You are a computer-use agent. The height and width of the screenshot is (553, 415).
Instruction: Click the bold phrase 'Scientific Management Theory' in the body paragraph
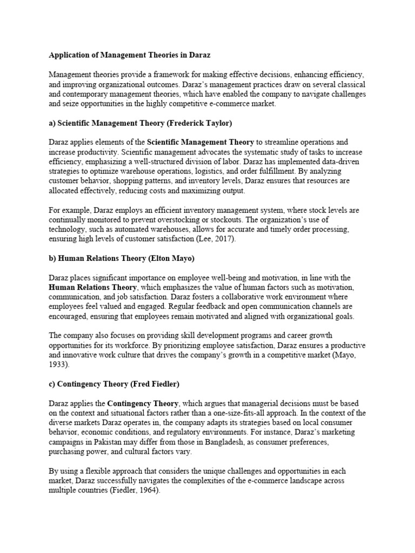pyautogui.click(x=200, y=143)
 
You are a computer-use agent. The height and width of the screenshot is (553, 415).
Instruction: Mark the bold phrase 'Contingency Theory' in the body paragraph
pyautogui.click(x=143, y=403)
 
